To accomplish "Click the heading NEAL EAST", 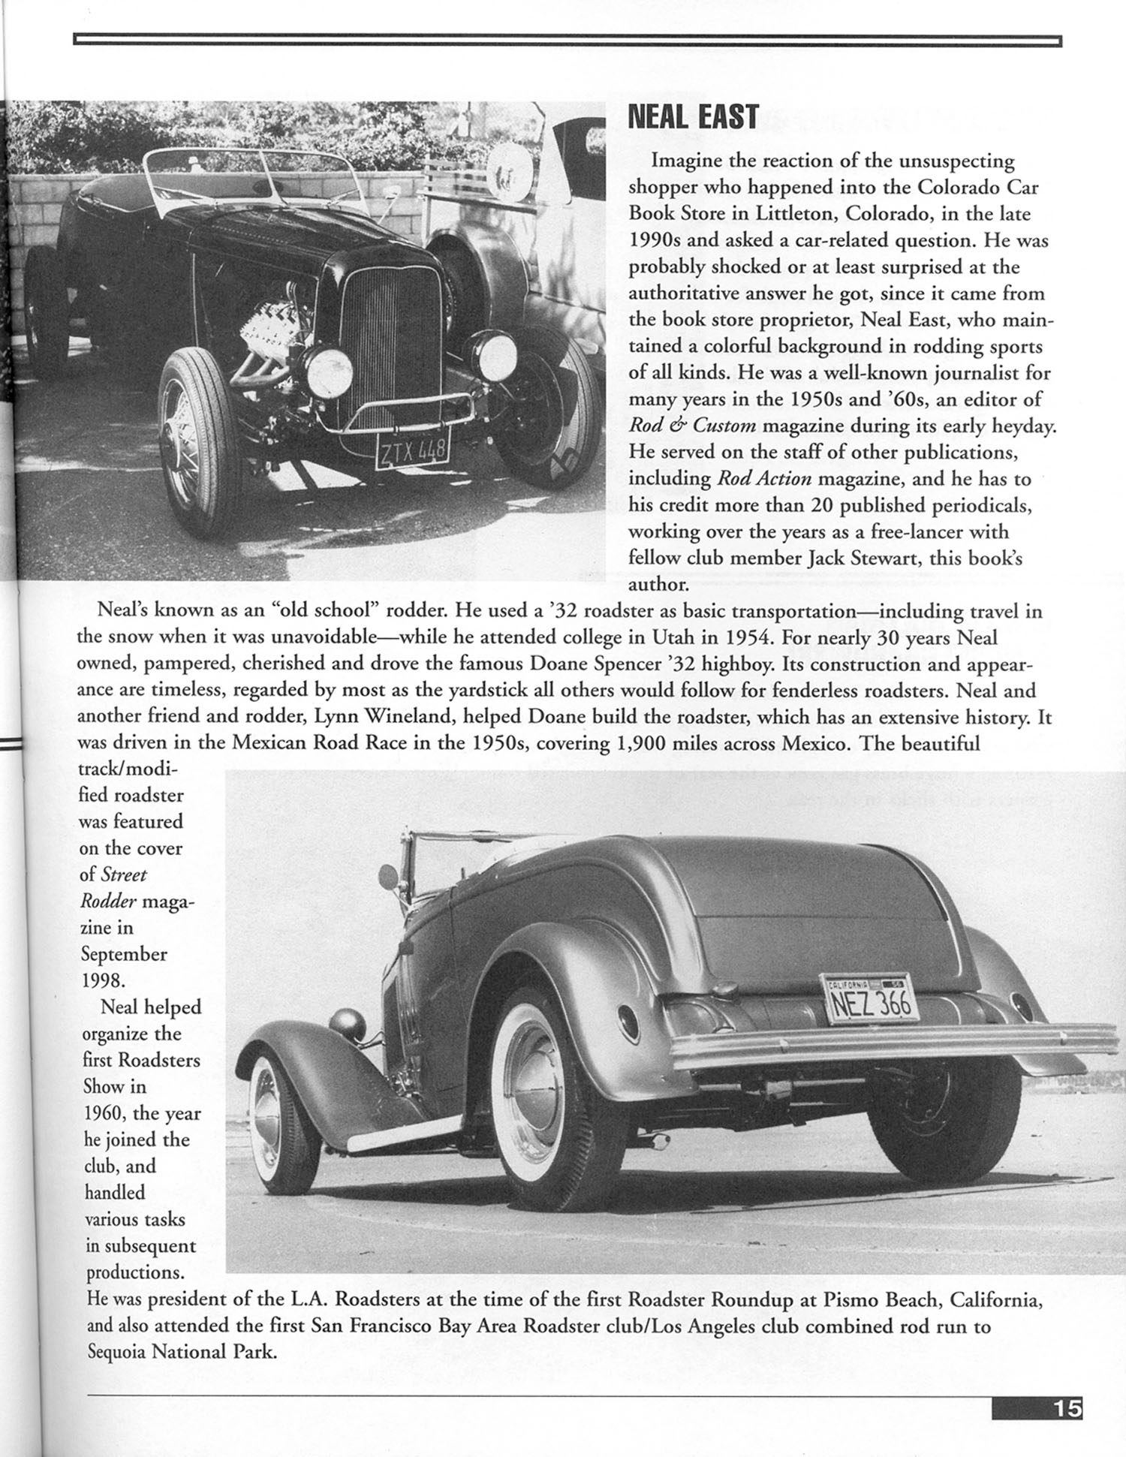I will [x=692, y=117].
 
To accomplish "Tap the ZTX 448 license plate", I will [x=412, y=453].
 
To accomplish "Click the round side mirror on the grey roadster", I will [x=388, y=875].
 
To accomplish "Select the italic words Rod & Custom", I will [x=692, y=425].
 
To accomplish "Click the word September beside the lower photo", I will [x=124, y=954].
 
